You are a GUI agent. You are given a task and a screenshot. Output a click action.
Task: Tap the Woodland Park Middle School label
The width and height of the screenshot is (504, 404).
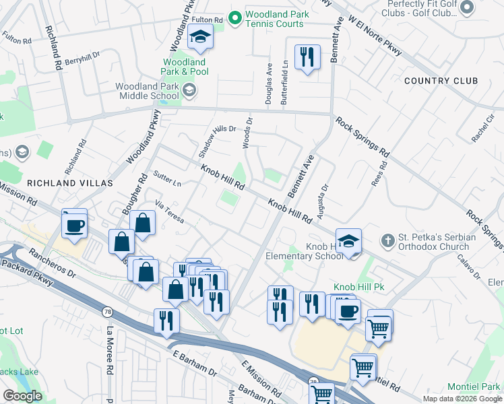click(x=147, y=91)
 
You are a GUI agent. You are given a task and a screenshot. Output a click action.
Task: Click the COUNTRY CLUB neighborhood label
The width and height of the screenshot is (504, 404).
click(x=441, y=81)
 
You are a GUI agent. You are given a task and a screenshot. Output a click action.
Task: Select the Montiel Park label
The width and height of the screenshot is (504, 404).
click(x=474, y=386)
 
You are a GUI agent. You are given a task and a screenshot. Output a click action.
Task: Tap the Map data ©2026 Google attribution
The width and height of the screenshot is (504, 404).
click(x=462, y=399)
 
